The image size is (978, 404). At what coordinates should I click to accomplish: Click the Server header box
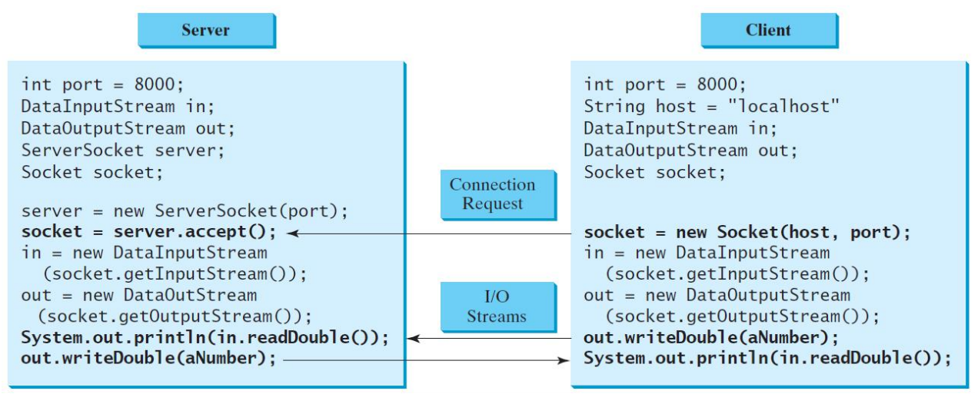pos(206,30)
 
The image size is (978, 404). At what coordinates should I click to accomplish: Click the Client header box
pos(767,30)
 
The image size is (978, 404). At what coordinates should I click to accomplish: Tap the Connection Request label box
pos(492,194)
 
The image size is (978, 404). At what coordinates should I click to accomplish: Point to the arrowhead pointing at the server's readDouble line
pos(411,338)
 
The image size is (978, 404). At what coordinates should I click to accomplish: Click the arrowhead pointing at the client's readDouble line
pos(562,359)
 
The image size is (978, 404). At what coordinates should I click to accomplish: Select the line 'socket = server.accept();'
pos(148,232)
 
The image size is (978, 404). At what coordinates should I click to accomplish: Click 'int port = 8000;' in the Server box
pos(103,84)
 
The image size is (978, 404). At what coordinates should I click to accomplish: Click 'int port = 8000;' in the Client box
pos(665,84)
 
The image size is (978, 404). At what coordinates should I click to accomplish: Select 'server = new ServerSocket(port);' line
pos(185,210)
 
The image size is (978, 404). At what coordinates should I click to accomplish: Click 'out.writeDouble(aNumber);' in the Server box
pos(148,359)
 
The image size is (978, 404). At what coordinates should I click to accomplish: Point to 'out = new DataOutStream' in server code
pos(139,296)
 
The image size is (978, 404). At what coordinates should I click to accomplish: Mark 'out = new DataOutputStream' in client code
pos(717,296)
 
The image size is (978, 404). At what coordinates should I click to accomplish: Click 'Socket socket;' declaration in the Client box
pos(654,171)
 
